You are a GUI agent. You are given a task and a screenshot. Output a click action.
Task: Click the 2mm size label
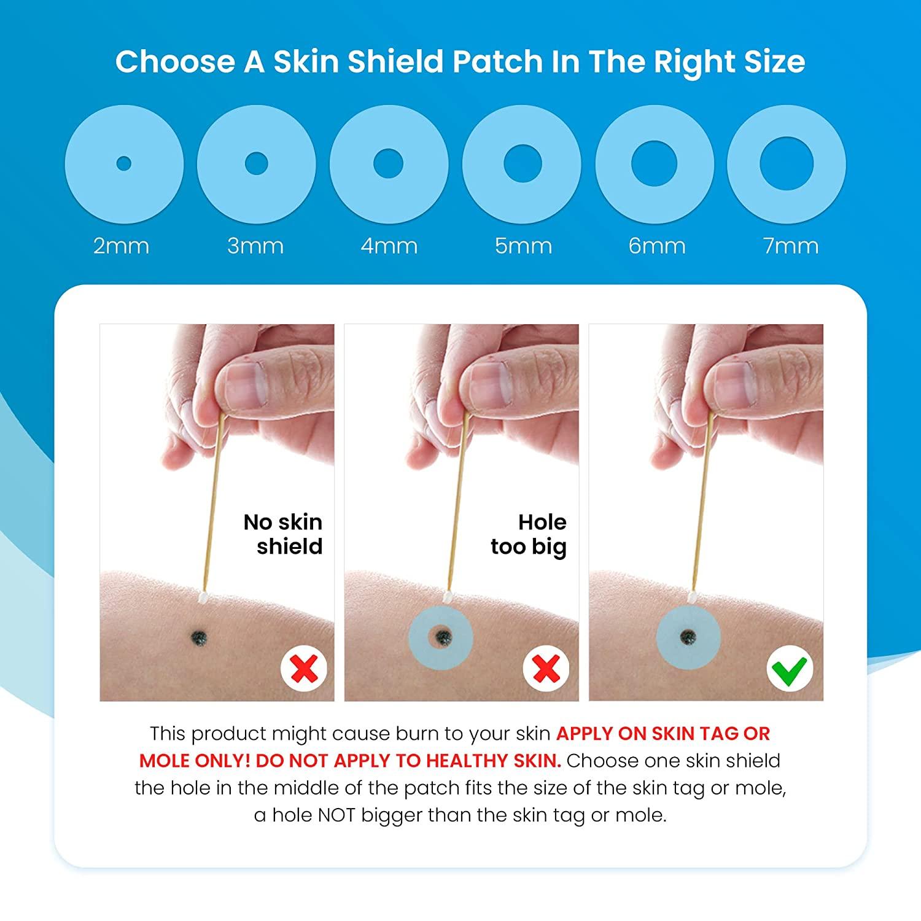coord(122,246)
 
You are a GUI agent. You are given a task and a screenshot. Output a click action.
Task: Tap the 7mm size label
coord(791,246)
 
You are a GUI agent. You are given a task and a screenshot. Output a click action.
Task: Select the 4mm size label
coord(389,246)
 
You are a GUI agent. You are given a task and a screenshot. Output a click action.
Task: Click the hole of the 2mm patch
coord(124,164)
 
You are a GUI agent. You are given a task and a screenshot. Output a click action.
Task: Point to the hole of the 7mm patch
coord(787,164)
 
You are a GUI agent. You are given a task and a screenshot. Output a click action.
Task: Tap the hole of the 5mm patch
coord(523,164)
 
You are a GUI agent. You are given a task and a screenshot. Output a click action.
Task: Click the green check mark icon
coord(790,669)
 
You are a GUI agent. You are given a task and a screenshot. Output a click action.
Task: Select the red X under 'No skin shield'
coord(304,669)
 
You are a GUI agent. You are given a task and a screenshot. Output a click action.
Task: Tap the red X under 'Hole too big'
coord(546,669)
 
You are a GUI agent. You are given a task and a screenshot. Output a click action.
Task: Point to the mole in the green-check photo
coord(687,636)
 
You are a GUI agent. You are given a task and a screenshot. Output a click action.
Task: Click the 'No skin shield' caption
coord(283,534)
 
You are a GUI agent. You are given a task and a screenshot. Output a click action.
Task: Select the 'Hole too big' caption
coord(529,534)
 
